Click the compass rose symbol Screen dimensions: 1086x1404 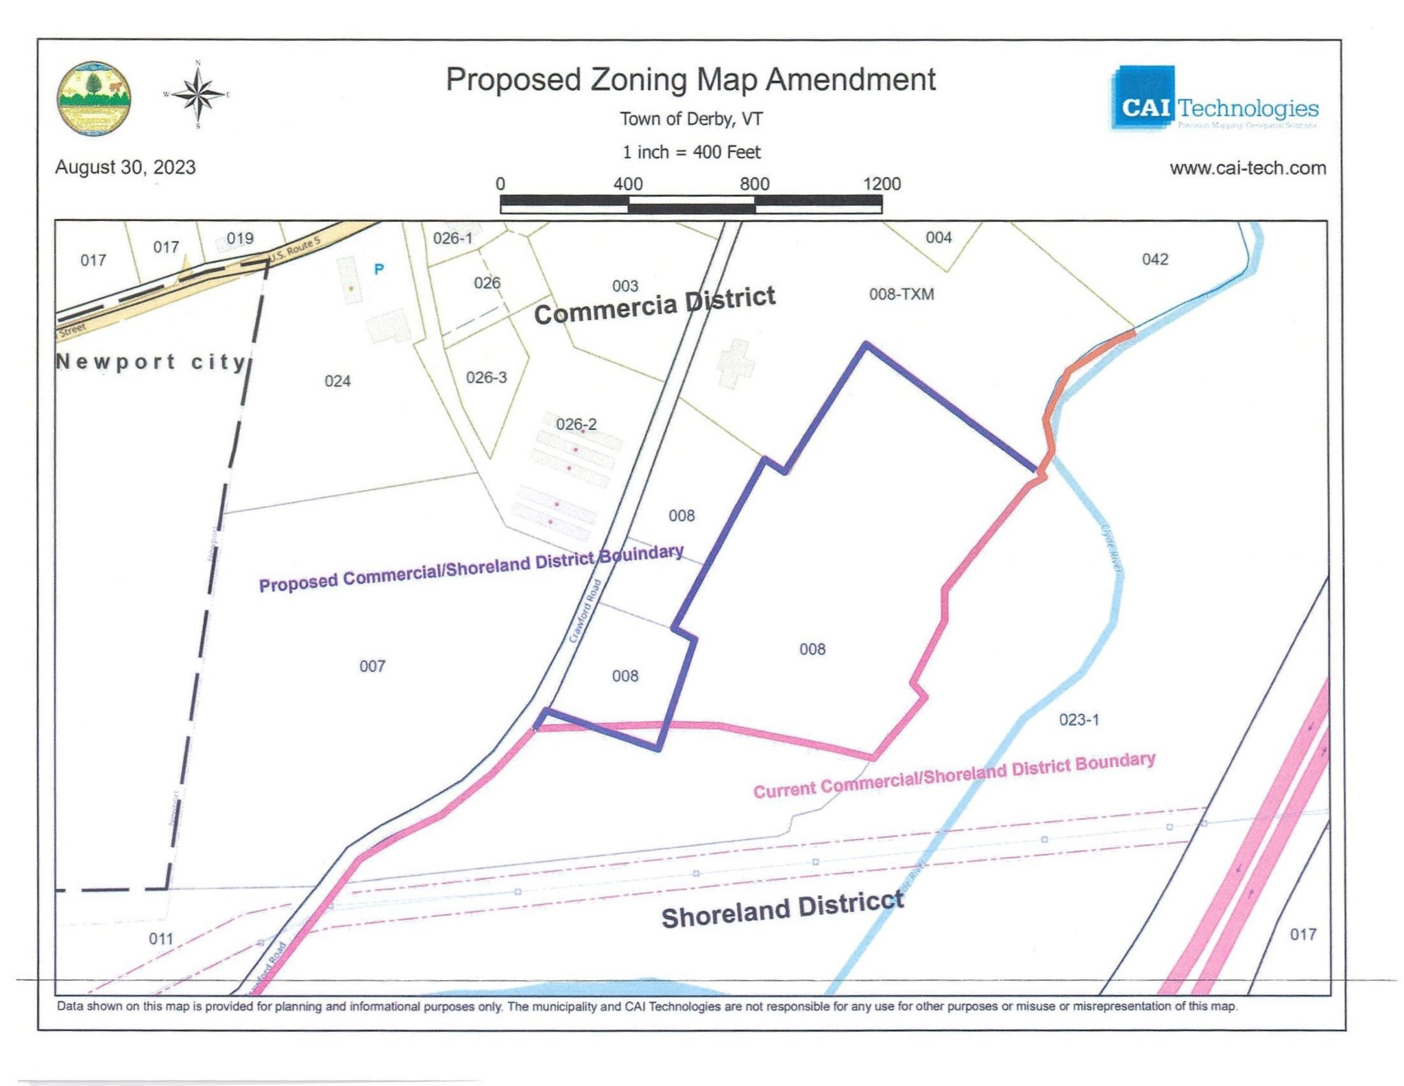coord(197,94)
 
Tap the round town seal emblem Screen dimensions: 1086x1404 coord(94,97)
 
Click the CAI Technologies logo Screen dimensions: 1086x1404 coord(1213,99)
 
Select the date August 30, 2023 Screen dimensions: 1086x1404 coord(125,167)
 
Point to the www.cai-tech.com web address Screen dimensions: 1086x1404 coord(1248,168)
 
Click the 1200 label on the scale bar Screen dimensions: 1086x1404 coord(882,184)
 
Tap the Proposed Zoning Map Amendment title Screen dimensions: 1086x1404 coord(690,80)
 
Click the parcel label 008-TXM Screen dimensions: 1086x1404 coord(901,294)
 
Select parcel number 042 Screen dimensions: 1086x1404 coord(1154,259)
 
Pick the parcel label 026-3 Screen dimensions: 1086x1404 coord(486,377)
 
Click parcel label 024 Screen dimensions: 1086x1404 coord(337,381)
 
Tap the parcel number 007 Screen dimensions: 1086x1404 coord(372,666)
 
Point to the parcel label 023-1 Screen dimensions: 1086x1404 coord(1078,720)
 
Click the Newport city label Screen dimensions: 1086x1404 coord(151,362)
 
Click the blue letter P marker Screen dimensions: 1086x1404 coord(379,270)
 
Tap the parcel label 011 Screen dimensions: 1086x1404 coord(161,939)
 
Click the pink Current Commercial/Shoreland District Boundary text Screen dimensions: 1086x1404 coord(954,775)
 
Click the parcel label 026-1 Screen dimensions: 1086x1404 coord(452,239)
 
